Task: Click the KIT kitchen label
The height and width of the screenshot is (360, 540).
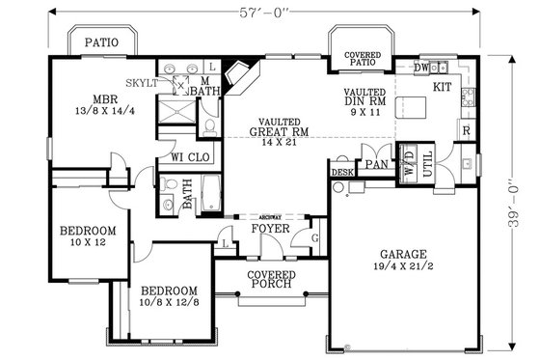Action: pyautogui.click(x=443, y=88)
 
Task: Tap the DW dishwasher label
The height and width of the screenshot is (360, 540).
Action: pyautogui.click(x=420, y=68)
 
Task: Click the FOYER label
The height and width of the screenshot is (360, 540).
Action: pyautogui.click(x=271, y=230)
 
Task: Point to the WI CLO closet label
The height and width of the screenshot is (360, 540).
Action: pyautogui.click(x=191, y=156)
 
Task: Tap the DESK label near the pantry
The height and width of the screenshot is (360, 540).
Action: pyautogui.click(x=341, y=172)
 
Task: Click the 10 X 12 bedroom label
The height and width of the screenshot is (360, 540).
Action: pyautogui.click(x=88, y=237)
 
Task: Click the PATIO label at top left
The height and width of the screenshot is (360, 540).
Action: pyautogui.click(x=101, y=42)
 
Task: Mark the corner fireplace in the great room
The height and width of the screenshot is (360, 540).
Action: pyautogui.click(x=237, y=75)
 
